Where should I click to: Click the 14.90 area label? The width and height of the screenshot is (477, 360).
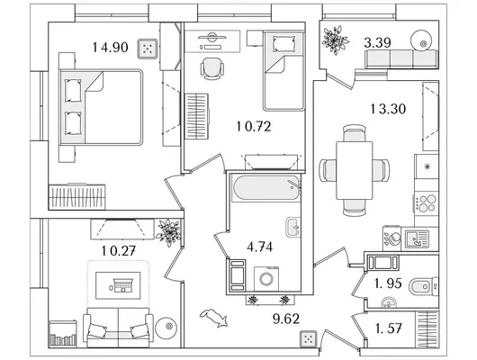tap(110, 47)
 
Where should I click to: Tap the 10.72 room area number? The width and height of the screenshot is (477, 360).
tap(254, 126)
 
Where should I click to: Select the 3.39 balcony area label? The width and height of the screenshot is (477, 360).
tap(377, 42)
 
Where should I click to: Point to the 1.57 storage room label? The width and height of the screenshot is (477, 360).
tap(389, 328)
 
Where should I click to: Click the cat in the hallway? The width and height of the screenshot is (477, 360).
tap(214, 318)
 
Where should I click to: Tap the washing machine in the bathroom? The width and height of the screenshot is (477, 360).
tap(266, 279)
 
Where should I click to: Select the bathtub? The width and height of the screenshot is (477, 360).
tap(265, 188)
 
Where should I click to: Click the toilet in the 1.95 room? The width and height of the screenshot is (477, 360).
tap(424, 286)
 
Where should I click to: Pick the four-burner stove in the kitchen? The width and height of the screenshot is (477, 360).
tap(427, 203)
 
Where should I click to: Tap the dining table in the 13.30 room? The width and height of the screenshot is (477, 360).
tap(355, 170)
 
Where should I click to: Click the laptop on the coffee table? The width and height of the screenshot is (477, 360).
tap(122, 285)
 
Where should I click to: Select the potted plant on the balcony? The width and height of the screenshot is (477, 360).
tap(335, 40)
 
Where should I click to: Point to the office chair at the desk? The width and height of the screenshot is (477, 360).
tap(212, 68)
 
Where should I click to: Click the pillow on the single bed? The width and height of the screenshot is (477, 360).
tap(284, 44)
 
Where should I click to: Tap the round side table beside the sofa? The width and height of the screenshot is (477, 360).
tap(166, 328)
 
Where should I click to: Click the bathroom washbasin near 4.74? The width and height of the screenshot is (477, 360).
tap(293, 227)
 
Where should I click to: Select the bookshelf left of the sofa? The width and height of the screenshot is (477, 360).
tap(63, 334)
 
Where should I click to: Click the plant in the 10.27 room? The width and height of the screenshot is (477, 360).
tap(168, 232)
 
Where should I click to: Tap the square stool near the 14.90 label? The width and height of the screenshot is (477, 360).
tap(148, 49)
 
